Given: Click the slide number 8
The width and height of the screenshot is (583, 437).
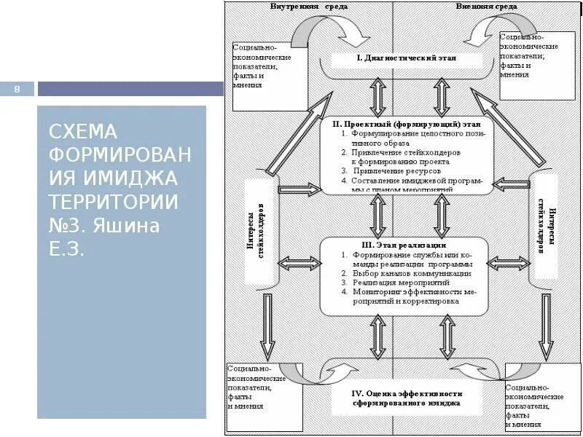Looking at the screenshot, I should [19, 90].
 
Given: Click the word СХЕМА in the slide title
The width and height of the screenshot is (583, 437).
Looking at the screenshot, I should [82, 132].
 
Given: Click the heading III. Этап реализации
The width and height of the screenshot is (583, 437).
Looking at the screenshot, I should [403, 245].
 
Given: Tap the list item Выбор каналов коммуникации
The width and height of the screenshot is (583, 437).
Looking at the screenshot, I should [411, 273].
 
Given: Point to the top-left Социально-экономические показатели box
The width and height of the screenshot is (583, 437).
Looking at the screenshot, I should [263, 66].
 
